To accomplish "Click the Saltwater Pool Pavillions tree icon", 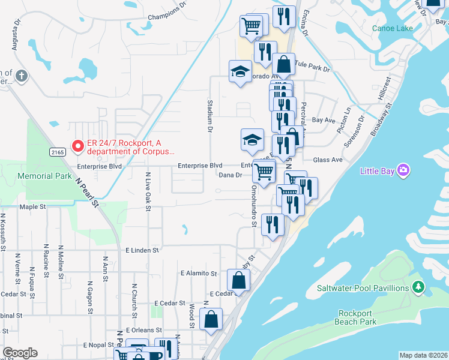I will [418, 289].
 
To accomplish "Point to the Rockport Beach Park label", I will [357, 317].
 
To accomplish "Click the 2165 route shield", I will [57, 152].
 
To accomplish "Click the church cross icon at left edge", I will [22, 76].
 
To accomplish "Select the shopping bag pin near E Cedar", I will [239, 280].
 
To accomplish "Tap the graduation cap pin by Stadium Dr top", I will [240, 71].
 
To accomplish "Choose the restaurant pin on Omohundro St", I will [273, 225].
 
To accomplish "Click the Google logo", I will [20, 353].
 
